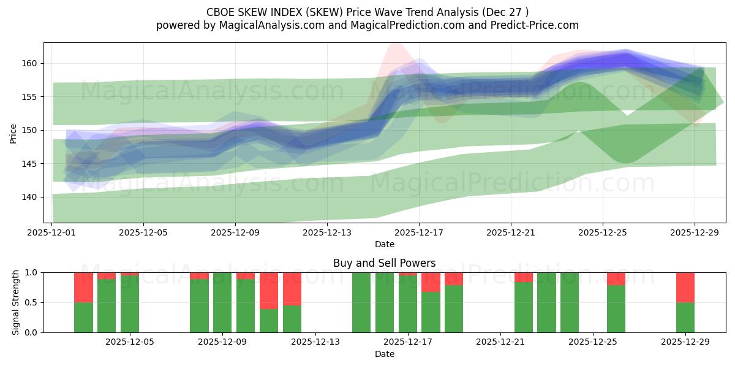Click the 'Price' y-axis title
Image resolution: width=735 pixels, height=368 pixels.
[x=13, y=133]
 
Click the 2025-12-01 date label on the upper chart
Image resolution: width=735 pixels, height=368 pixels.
[x=52, y=233]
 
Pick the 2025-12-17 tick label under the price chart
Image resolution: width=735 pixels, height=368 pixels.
[x=419, y=233]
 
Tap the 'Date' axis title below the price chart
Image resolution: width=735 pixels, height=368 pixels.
[x=384, y=245]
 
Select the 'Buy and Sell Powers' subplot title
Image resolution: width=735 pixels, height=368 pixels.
[x=384, y=263]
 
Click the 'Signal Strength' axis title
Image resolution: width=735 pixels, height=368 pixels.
[x=16, y=302]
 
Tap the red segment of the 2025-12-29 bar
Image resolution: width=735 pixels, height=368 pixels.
[x=685, y=287]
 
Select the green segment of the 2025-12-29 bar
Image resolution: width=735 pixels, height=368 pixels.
[x=685, y=318]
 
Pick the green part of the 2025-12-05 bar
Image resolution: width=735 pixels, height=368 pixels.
[x=130, y=304]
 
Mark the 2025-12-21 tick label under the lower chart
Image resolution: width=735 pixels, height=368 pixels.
[x=500, y=342]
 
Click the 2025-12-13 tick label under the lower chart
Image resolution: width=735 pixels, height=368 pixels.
[x=315, y=342]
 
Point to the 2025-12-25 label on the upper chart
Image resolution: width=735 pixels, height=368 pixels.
[x=603, y=233]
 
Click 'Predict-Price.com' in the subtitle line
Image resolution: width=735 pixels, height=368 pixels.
[x=537, y=25]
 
